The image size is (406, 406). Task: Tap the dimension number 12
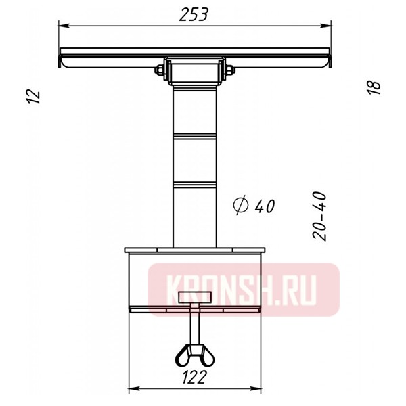point(36,95)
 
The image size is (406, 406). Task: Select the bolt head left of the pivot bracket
point(160,69)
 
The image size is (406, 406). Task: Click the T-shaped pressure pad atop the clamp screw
point(195,296)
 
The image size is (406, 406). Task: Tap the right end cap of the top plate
point(331,59)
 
